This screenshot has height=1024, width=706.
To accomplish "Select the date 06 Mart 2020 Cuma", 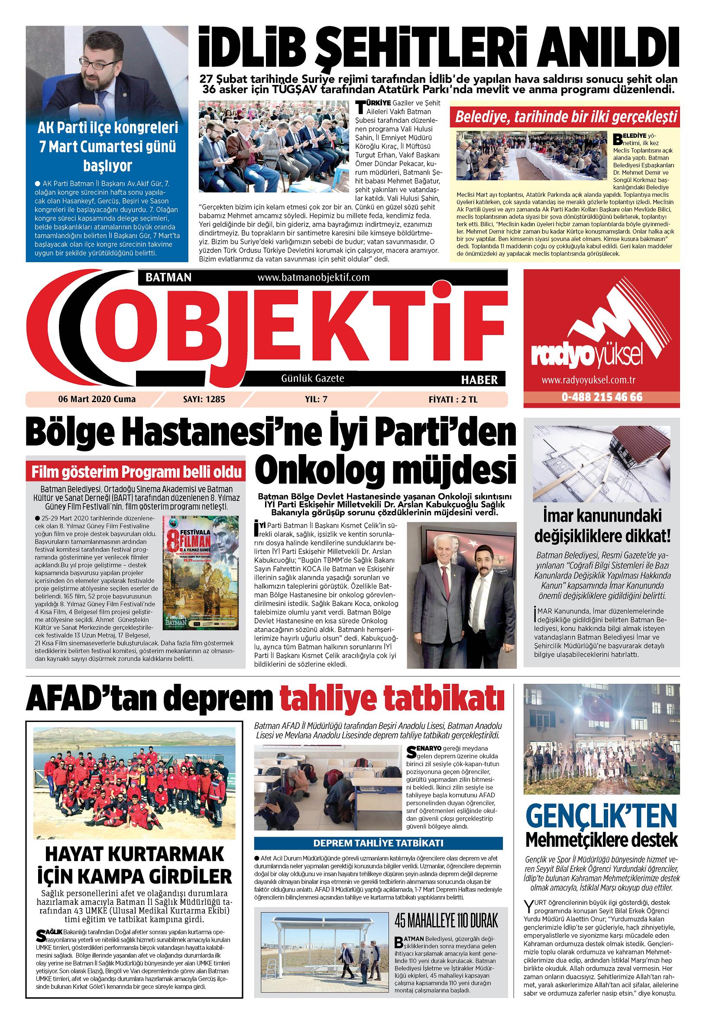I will click(x=97, y=399).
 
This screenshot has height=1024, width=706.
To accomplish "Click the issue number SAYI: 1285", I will click(x=204, y=399).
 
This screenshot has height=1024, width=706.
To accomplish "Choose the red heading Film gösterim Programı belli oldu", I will click(x=136, y=472).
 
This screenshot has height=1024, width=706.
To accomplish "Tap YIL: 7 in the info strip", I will click(x=316, y=399).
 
